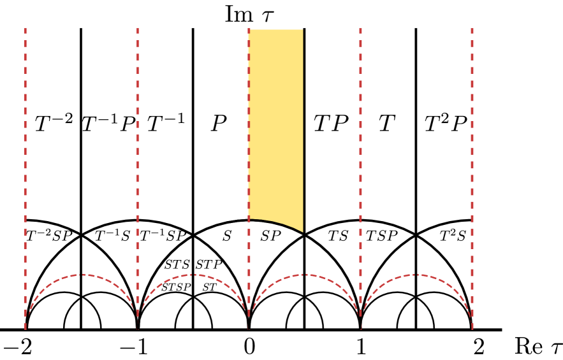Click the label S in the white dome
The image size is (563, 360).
point(226,236)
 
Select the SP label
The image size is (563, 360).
point(270,236)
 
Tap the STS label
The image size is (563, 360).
point(177,265)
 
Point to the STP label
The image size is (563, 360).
point(209,265)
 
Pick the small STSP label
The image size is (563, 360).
point(176,287)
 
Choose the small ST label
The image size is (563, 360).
point(210,287)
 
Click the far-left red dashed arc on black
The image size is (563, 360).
point(82,275)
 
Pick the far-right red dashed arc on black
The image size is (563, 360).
point(416,275)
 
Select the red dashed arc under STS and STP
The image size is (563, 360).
point(193,275)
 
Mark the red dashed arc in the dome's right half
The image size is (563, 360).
point(304,275)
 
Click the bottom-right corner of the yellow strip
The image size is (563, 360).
point(303,234)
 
